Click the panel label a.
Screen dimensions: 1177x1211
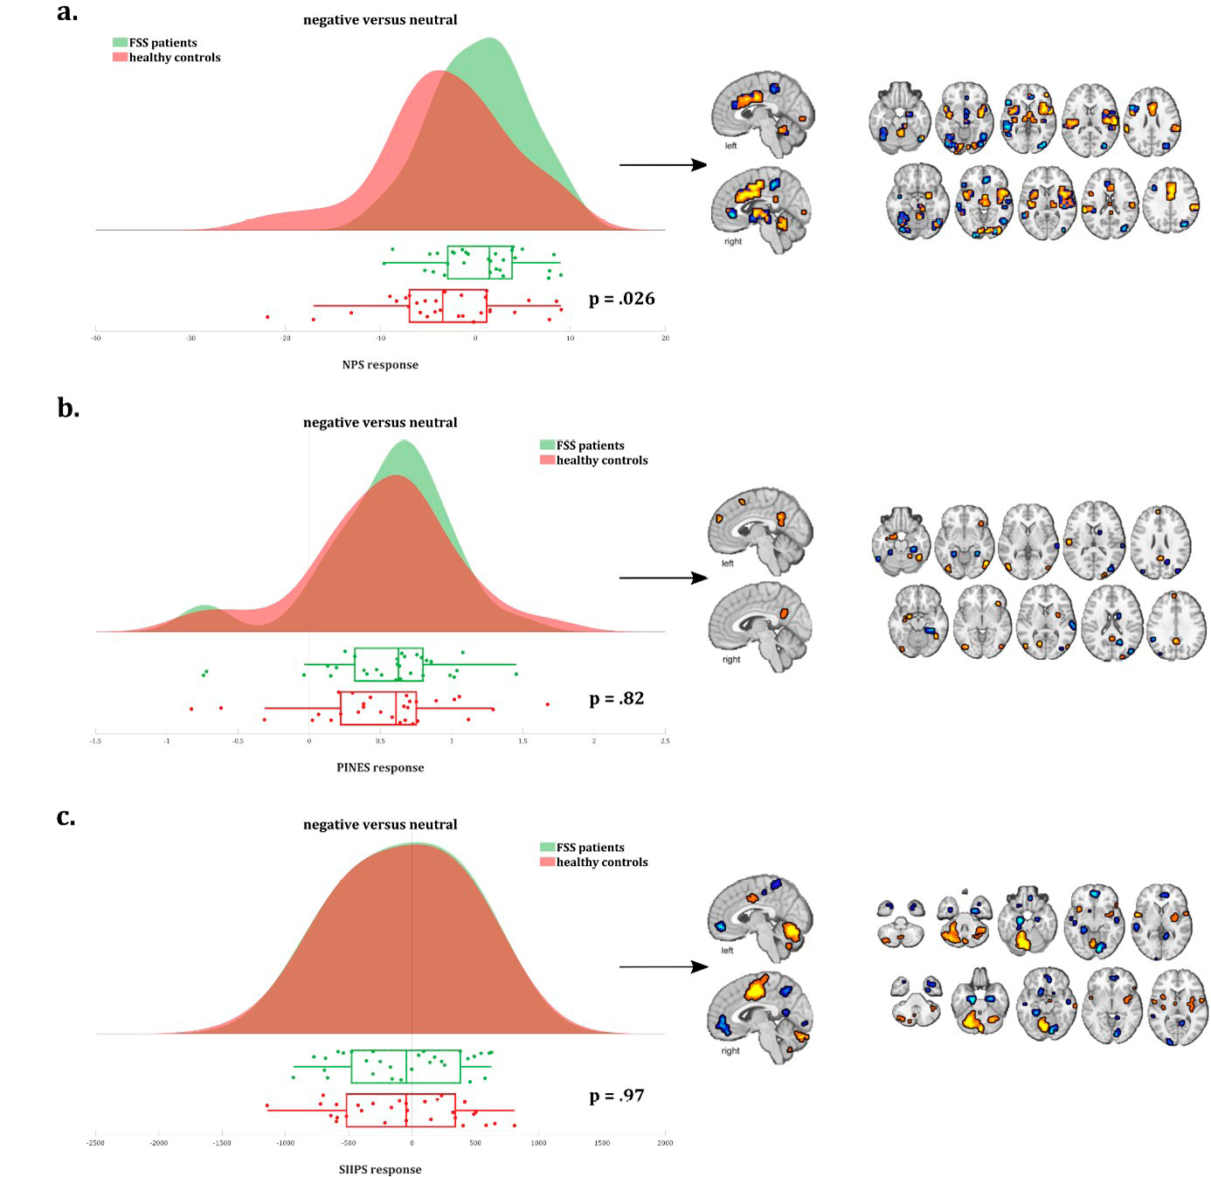pyautogui.click(x=66, y=12)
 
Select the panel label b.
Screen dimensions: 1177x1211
pyautogui.click(x=67, y=408)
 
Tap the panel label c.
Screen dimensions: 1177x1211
pyautogui.click(x=66, y=817)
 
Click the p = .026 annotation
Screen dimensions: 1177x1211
pyautogui.click(x=621, y=299)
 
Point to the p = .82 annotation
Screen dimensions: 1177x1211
pyautogui.click(x=616, y=699)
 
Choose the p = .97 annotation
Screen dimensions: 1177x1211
pyautogui.click(x=616, y=1096)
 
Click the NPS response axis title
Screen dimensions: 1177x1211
pyautogui.click(x=380, y=365)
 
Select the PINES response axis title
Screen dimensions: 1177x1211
pyautogui.click(x=380, y=768)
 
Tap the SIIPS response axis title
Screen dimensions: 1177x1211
pyautogui.click(x=380, y=1170)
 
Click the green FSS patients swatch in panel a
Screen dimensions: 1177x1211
pyautogui.click(x=120, y=42)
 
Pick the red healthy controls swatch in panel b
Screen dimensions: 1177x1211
pyautogui.click(x=548, y=460)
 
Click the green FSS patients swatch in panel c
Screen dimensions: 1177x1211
pyautogui.click(x=548, y=847)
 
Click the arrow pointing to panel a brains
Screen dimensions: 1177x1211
pyautogui.click(x=662, y=164)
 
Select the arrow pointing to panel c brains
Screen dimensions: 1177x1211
pyautogui.click(x=662, y=966)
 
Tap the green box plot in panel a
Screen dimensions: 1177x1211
pyautogui.click(x=480, y=262)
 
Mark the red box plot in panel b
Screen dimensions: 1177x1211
pyautogui.click(x=378, y=708)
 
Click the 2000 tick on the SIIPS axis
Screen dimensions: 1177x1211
pyautogui.click(x=665, y=1143)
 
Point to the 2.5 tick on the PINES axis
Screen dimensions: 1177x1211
pyautogui.click(x=665, y=741)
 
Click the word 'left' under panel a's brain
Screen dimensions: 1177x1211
pyautogui.click(x=730, y=146)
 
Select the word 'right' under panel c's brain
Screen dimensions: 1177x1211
pyautogui.click(x=730, y=1051)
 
